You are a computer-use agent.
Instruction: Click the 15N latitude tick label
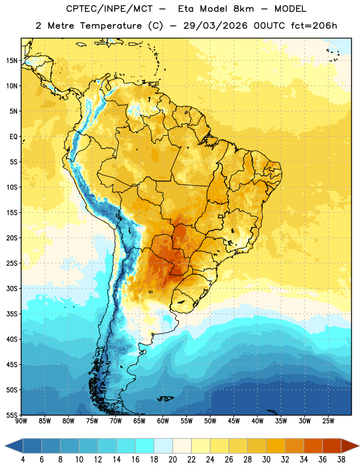pos(11,61)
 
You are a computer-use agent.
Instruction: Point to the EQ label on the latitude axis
pos(13,137)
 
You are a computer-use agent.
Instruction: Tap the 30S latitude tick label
pos(11,288)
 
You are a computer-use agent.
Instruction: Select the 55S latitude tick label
pos(11,415)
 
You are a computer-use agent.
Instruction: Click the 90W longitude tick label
pos(22,421)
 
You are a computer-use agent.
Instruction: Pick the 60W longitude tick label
pos(163,421)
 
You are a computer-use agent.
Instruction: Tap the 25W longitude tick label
pos(328,421)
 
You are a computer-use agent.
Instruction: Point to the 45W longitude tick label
pos(234,421)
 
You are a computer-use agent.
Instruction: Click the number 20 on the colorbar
pos(172,460)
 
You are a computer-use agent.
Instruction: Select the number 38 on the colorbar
pos(341,460)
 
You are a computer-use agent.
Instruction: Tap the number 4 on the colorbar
pos(23,460)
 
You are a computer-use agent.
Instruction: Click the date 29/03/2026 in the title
pos(215,26)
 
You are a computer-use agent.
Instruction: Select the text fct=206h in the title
pos(314,26)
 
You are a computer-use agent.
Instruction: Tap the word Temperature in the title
pos(111,26)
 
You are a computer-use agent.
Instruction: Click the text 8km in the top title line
pos(243,9)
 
